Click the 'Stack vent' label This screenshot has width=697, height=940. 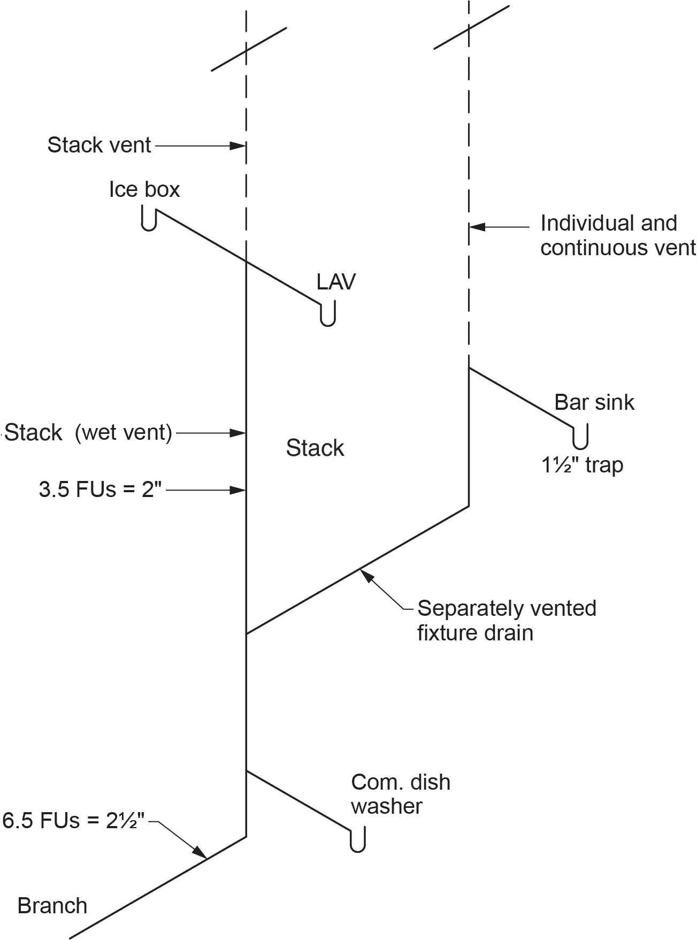(99, 145)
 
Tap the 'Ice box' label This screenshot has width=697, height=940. (144, 189)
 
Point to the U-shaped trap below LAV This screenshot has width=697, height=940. (327, 315)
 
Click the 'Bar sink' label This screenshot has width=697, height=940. (594, 402)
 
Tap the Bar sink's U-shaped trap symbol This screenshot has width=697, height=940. (580, 438)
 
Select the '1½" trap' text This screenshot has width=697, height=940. (582, 465)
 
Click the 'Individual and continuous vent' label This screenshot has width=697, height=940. (617, 235)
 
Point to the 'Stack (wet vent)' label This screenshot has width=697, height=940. (88, 432)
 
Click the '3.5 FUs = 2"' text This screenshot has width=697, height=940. (100, 490)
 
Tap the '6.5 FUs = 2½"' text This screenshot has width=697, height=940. (74, 821)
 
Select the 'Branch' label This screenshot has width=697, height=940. (52, 906)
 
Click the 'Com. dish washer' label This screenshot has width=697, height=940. (400, 794)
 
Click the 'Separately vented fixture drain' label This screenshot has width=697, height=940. (506, 621)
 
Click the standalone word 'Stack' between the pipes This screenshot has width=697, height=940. (315, 448)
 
